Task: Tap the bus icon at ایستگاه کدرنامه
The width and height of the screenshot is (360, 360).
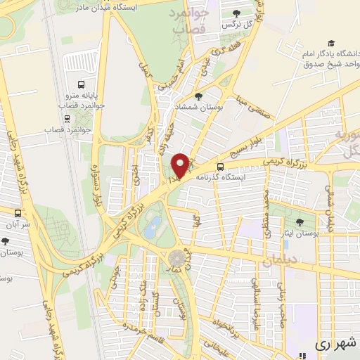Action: coord(221,167)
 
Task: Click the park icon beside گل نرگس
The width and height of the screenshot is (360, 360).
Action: coord(237,12)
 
